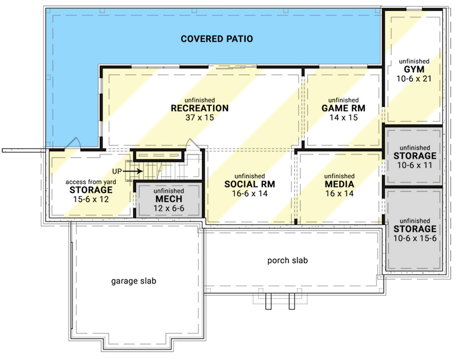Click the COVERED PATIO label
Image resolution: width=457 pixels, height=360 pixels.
click(x=216, y=39)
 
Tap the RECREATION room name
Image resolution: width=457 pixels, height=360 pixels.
click(x=200, y=108)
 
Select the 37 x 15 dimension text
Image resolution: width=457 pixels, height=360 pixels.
click(x=200, y=117)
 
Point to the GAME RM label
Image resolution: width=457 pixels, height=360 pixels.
click(x=343, y=108)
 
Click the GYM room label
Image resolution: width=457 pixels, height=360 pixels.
click(x=413, y=70)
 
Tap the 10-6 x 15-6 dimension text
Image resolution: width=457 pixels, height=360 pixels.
click(x=414, y=238)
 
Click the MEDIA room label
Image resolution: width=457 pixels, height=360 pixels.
click(x=339, y=184)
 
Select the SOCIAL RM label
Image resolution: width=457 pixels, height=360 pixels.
click(x=246, y=184)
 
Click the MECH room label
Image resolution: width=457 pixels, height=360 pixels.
click(x=168, y=200)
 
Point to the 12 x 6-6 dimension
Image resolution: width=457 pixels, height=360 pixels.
click(x=168, y=208)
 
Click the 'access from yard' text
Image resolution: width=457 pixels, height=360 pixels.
click(x=91, y=182)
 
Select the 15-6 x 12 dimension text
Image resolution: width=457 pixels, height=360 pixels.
click(x=91, y=199)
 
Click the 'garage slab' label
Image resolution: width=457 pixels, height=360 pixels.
click(x=133, y=280)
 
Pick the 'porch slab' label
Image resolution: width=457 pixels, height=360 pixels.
click(x=287, y=261)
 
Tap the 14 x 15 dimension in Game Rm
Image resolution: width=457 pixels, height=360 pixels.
click(x=343, y=117)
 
